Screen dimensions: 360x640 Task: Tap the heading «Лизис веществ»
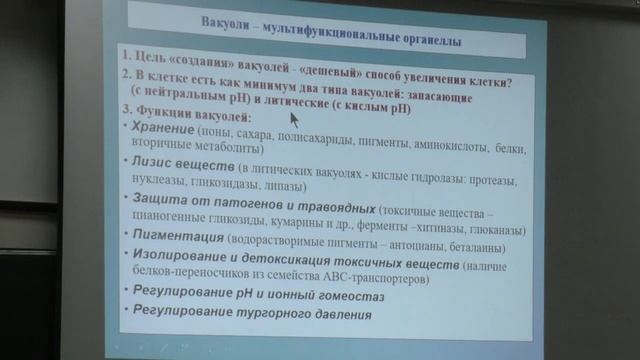[177, 163]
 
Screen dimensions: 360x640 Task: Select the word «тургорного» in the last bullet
[267, 315]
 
